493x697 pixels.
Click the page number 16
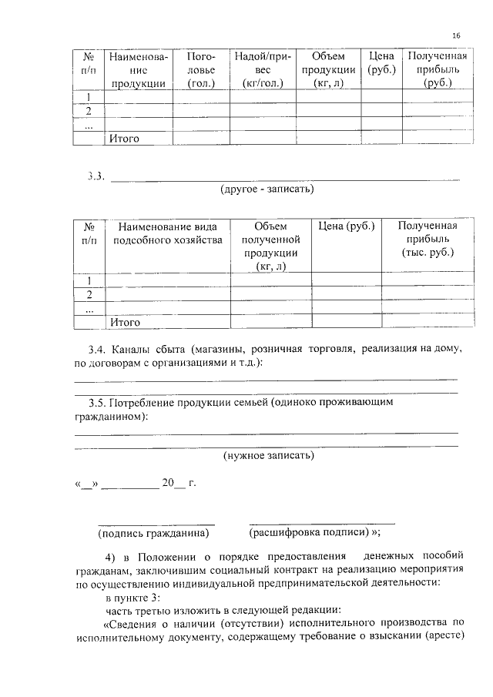[x=457, y=36]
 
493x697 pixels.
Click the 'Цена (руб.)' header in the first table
[x=381, y=63]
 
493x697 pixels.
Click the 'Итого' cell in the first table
[x=124, y=139]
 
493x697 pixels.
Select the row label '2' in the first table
[x=89, y=111]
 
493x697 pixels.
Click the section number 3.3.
[x=96, y=177]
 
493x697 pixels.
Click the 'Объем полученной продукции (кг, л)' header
[x=270, y=246]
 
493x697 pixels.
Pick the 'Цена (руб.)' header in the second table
[x=346, y=226]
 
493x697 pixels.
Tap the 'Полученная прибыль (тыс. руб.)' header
[x=428, y=239]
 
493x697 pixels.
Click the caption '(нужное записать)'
[x=268, y=455]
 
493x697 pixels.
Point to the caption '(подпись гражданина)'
[x=153, y=532]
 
